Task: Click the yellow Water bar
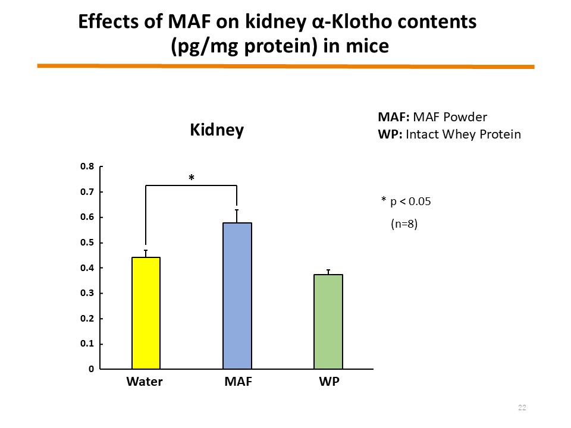(x=146, y=313)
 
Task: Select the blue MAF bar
(x=237, y=296)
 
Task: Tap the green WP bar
(x=328, y=322)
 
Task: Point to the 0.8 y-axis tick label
(x=87, y=166)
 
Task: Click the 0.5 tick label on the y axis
(x=87, y=243)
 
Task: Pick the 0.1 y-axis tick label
(x=87, y=344)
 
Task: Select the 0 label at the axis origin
(x=91, y=369)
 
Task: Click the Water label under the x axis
(x=145, y=382)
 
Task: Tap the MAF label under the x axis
(x=238, y=382)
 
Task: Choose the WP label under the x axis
(x=329, y=382)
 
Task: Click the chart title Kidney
(x=217, y=130)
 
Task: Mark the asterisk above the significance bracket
(x=192, y=178)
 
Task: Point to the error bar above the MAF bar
(x=237, y=216)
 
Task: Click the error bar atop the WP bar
(x=328, y=272)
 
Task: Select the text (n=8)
(x=404, y=224)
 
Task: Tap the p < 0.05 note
(x=410, y=202)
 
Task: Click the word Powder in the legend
(x=465, y=117)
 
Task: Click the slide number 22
(x=522, y=408)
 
